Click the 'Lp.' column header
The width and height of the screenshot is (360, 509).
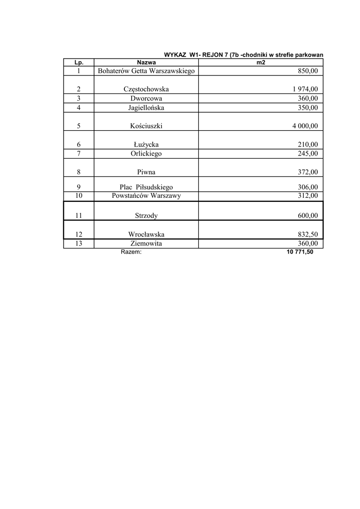coord(79,63)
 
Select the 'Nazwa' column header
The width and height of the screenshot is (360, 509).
coord(146,63)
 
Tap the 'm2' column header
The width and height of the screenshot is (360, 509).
coord(261,63)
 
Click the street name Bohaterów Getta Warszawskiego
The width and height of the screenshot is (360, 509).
coord(146,71)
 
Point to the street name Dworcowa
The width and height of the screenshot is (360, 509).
coord(146,98)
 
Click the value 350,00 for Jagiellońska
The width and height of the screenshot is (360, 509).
coord(307,107)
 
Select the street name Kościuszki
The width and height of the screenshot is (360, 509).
coord(146,126)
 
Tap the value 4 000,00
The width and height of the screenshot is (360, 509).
coord(305,126)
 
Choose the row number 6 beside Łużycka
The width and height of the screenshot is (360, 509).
coord(79,145)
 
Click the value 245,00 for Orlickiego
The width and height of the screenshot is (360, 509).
coord(307,154)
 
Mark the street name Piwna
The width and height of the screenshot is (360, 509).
coord(146,172)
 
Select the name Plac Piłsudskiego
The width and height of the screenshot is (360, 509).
coord(146,187)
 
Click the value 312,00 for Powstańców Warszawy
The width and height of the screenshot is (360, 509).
coord(307,196)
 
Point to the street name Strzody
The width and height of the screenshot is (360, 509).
coord(146,216)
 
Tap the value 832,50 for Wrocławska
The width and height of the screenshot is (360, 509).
coord(307,234)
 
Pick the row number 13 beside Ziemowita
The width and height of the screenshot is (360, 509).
coord(79,244)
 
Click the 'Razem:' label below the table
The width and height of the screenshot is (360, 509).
coord(131,252)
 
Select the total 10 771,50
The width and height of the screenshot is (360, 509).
coord(300,252)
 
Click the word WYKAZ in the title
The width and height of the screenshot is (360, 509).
coord(175,55)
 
